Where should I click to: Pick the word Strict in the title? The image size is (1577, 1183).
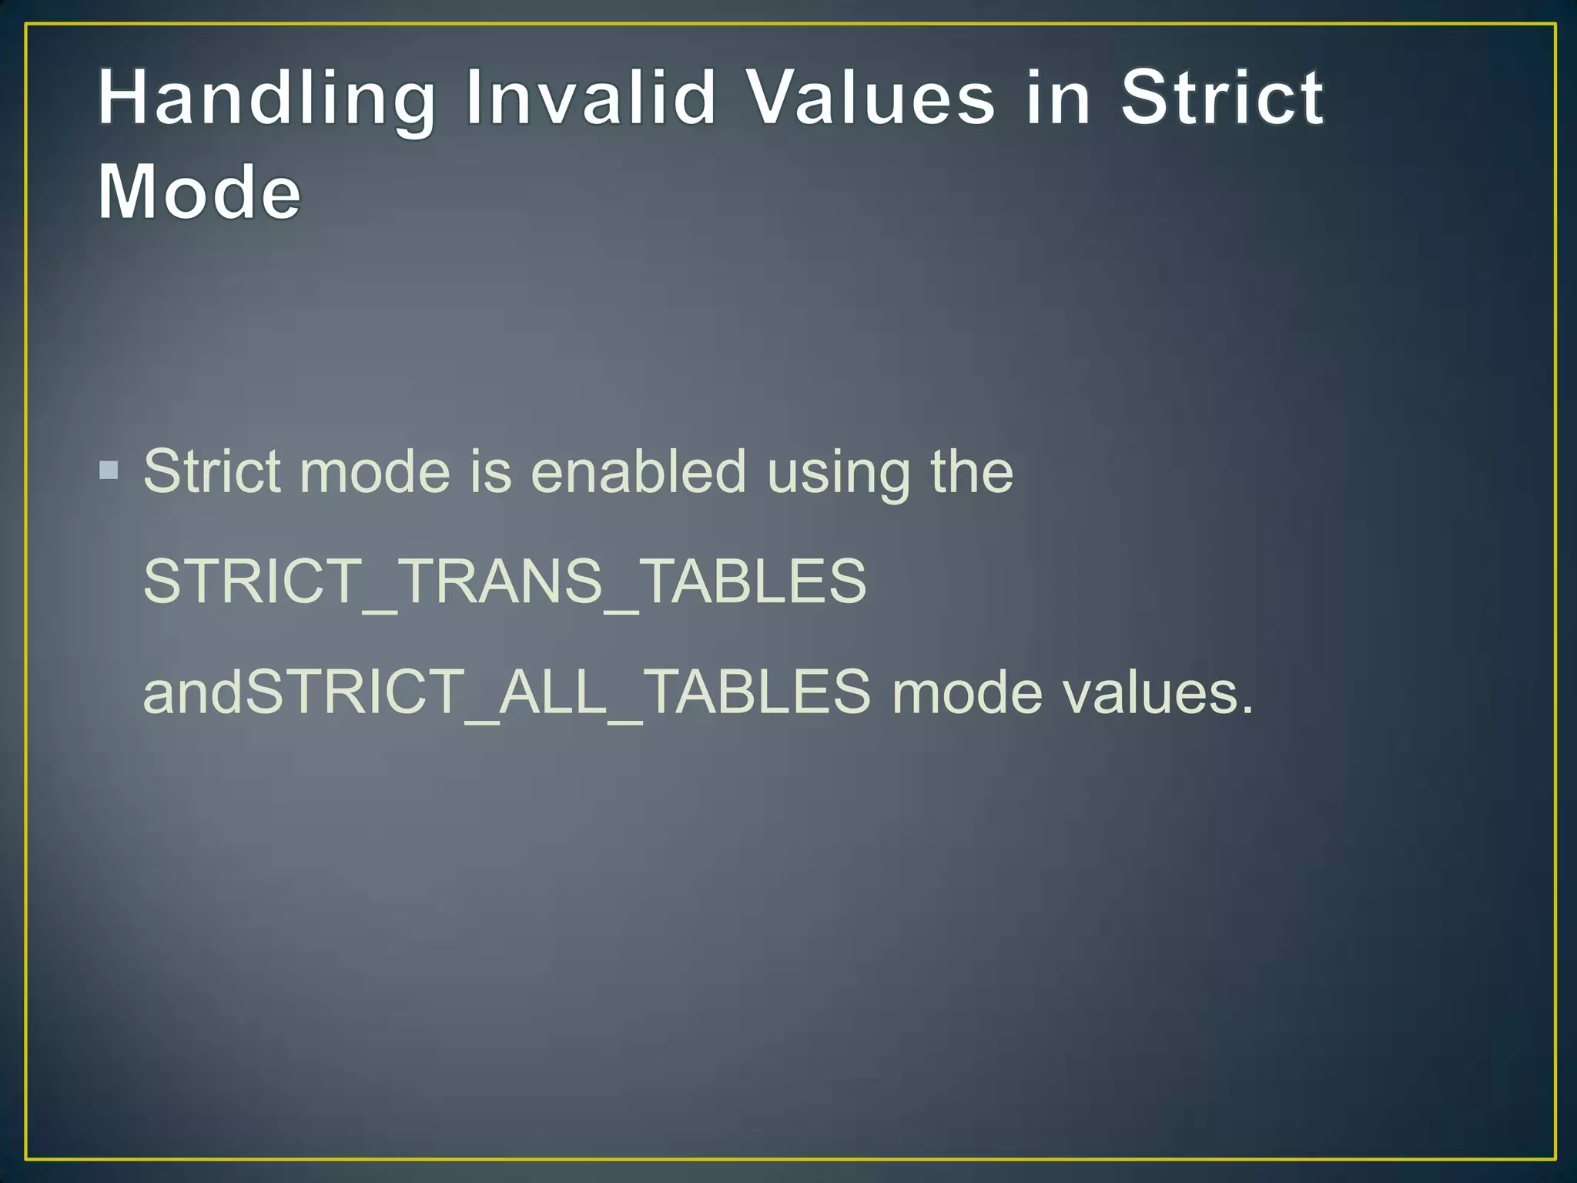click(1222, 98)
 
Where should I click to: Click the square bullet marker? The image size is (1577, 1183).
click(109, 469)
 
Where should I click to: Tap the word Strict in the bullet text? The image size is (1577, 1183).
click(212, 471)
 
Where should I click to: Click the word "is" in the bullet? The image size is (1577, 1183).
click(491, 471)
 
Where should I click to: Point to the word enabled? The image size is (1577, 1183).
click(638, 471)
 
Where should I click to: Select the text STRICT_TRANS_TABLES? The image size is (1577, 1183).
click(504, 581)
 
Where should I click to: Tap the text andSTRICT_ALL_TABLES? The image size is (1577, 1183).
click(507, 692)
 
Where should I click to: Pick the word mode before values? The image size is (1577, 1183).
click(966, 692)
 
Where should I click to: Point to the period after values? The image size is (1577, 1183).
click(1247, 709)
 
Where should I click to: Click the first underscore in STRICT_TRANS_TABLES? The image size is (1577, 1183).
click(380, 610)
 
